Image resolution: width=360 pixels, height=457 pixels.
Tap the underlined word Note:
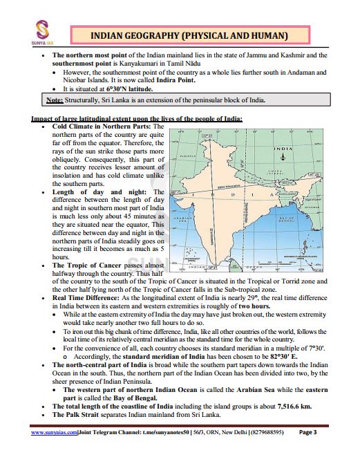55,100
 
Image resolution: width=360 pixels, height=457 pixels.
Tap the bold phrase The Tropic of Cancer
87,265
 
